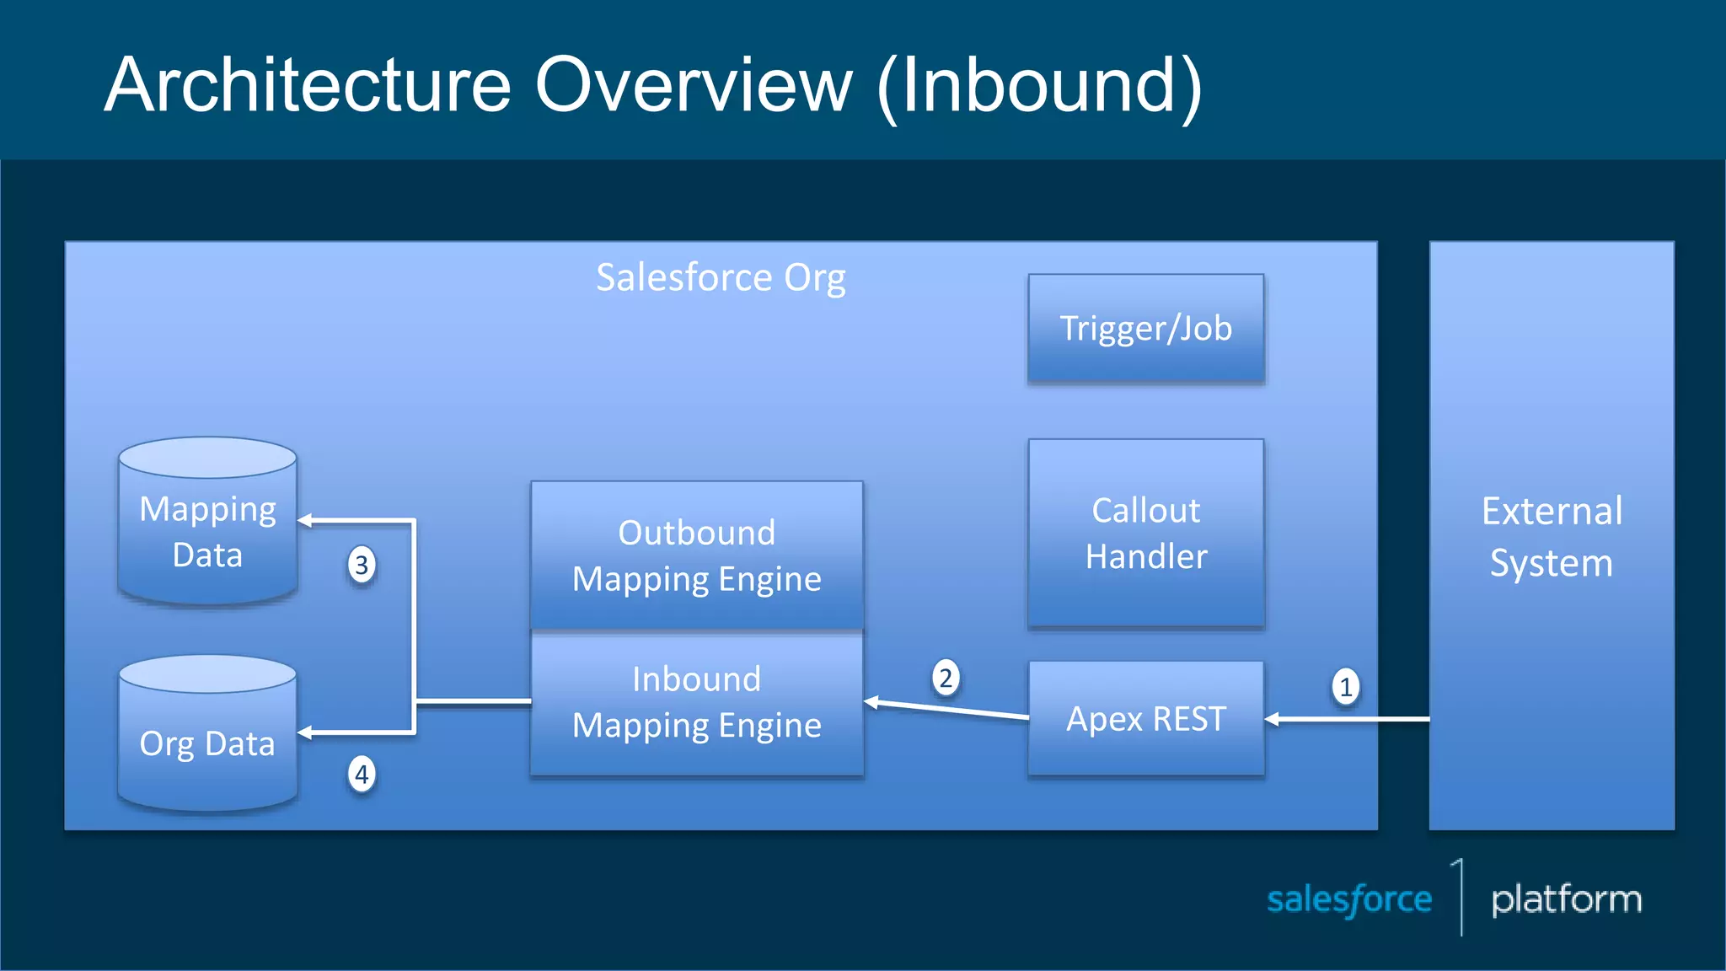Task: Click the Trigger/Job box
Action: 1145,329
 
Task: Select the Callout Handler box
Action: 1145,533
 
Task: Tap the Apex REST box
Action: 1145,718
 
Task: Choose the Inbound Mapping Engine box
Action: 696,702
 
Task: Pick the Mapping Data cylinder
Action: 207,531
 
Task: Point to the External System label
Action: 1552,536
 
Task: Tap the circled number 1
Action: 1345,687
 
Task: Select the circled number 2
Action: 946,678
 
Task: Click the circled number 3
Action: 362,565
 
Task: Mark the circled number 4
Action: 362,774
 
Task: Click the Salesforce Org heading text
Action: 721,277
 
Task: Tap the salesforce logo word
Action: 1348,899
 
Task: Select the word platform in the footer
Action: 1566,899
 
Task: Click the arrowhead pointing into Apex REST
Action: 1273,719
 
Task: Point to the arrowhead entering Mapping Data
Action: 306,521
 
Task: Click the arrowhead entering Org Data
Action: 306,733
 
